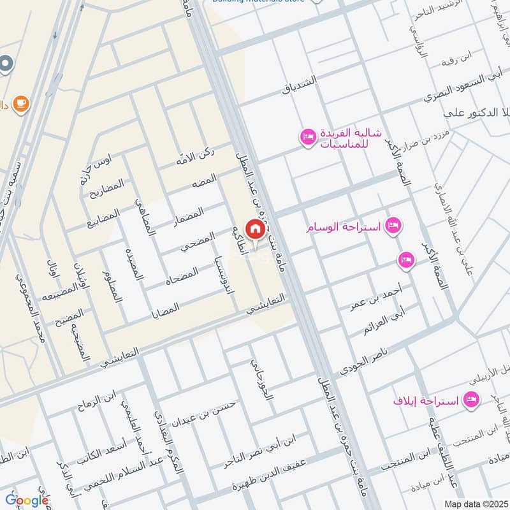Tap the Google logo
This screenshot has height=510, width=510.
27,500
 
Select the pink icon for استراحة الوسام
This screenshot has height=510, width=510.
394,226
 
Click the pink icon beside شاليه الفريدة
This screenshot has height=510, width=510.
308,137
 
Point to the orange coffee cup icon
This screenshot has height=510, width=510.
22,103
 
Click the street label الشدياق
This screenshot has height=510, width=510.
303,85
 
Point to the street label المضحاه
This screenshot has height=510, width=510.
182,279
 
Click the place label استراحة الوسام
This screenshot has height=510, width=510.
345,228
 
